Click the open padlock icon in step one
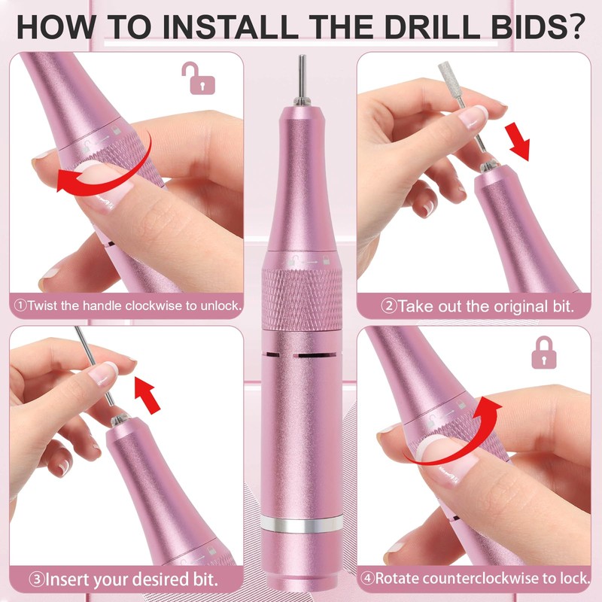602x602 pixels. pyautogui.click(x=198, y=78)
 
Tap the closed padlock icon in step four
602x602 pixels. pyautogui.click(x=543, y=352)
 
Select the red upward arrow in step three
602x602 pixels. pyautogui.click(x=148, y=395)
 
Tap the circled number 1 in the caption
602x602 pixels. pyautogui.click(x=20, y=306)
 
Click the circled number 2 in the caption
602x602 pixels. pyautogui.click(x=388, y=306)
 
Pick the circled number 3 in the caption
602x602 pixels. pyautogui.click(x=37, y=579)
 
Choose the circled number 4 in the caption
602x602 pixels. pyautogui.click(x=367, y=578)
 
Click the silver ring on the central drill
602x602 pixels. pyautogui.click(x=302, y=524)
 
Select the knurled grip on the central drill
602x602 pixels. pyautogui.click(x=302, y=299)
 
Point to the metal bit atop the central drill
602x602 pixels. pyautogui.click(x=303, y=79)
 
